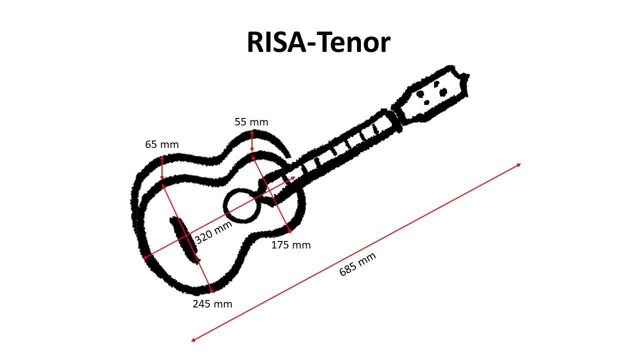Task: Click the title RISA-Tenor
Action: [x=318, y=42]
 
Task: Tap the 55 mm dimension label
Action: [x=251, y=122]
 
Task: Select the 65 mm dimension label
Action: [x=162, y=144]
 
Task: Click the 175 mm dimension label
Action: [x=291, y=245]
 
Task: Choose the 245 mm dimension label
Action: [x=212, y=304]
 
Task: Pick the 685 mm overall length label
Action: [x=357, y=264]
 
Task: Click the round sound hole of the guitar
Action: [x=242, y=205]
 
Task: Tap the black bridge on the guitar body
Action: [x=185, y=240]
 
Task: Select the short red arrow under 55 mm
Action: [x=251, y=141]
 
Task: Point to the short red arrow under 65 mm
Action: [x=162, y=167]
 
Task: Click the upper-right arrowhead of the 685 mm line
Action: [x=519, y=165]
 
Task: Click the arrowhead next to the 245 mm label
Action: [x=211, y=291]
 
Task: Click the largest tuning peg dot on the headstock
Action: [x=443, y=92]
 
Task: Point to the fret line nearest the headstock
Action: [x=376, y=128]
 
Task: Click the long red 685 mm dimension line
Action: [x=356, y=252]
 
